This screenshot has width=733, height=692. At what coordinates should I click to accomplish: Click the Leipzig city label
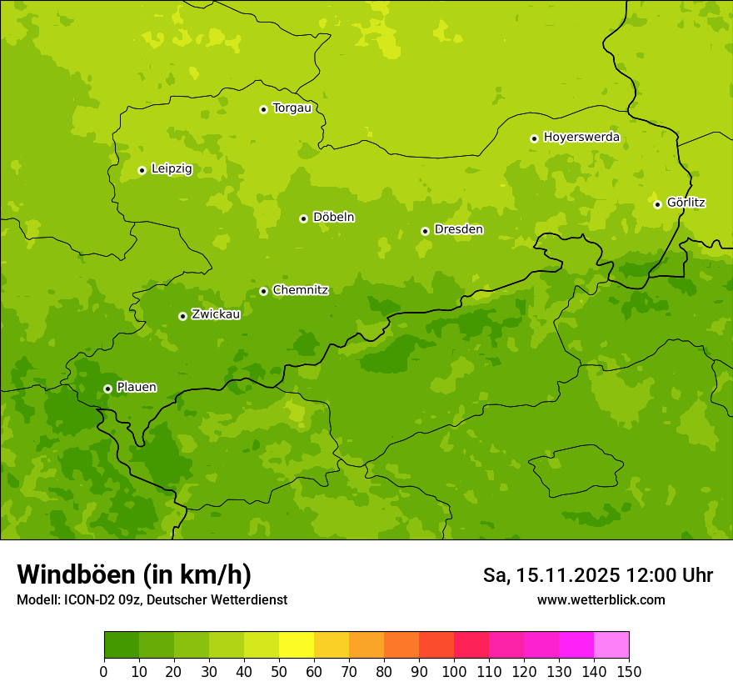pyautogui.click(x=172, y=169)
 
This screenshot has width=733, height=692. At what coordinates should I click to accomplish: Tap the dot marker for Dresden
pyautogui.click(x=425, y=231)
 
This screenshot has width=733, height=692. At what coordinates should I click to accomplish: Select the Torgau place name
pyautogui.click(x=292, y=108)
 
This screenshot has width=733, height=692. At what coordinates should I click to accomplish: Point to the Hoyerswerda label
pyautogui.click(x=581, y=138)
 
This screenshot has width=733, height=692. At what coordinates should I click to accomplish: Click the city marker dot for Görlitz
pyautogui.click(x=657, y=204)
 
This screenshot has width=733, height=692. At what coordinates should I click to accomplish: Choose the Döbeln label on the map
pyautogui.click(x=333, y=218)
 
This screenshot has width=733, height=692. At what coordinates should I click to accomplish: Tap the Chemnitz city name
pyautogui.click(x=300, y=290)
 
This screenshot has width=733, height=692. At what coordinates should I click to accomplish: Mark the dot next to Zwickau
pyautogui.click(x=182, y=316)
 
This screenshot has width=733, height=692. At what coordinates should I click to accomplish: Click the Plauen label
pyautogui.click(x=137, y=388)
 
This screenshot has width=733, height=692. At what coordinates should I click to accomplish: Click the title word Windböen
pyautogui.click(x=75, y=575)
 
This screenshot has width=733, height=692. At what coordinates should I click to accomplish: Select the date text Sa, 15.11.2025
pyautogui.click(x=551, y=575)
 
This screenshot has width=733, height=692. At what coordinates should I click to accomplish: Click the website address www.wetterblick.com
pyautogui.click(x=601, y=600)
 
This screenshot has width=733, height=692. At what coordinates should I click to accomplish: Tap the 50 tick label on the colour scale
pyautogui.click(x=279, y=671)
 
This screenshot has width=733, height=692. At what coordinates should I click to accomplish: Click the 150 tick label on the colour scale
pyautogui.click(x=629, y=671)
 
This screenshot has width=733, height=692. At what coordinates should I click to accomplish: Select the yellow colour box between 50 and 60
pyautogui.click(x=297, y=645)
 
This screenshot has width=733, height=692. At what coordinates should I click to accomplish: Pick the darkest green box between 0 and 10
pyautogui.click(x=122, y=645)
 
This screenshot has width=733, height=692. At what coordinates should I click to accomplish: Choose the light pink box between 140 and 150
pyautogui.click(x=611, y=645)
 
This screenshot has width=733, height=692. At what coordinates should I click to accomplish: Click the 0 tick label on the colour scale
pyautogui.click(x=104, y=671)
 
